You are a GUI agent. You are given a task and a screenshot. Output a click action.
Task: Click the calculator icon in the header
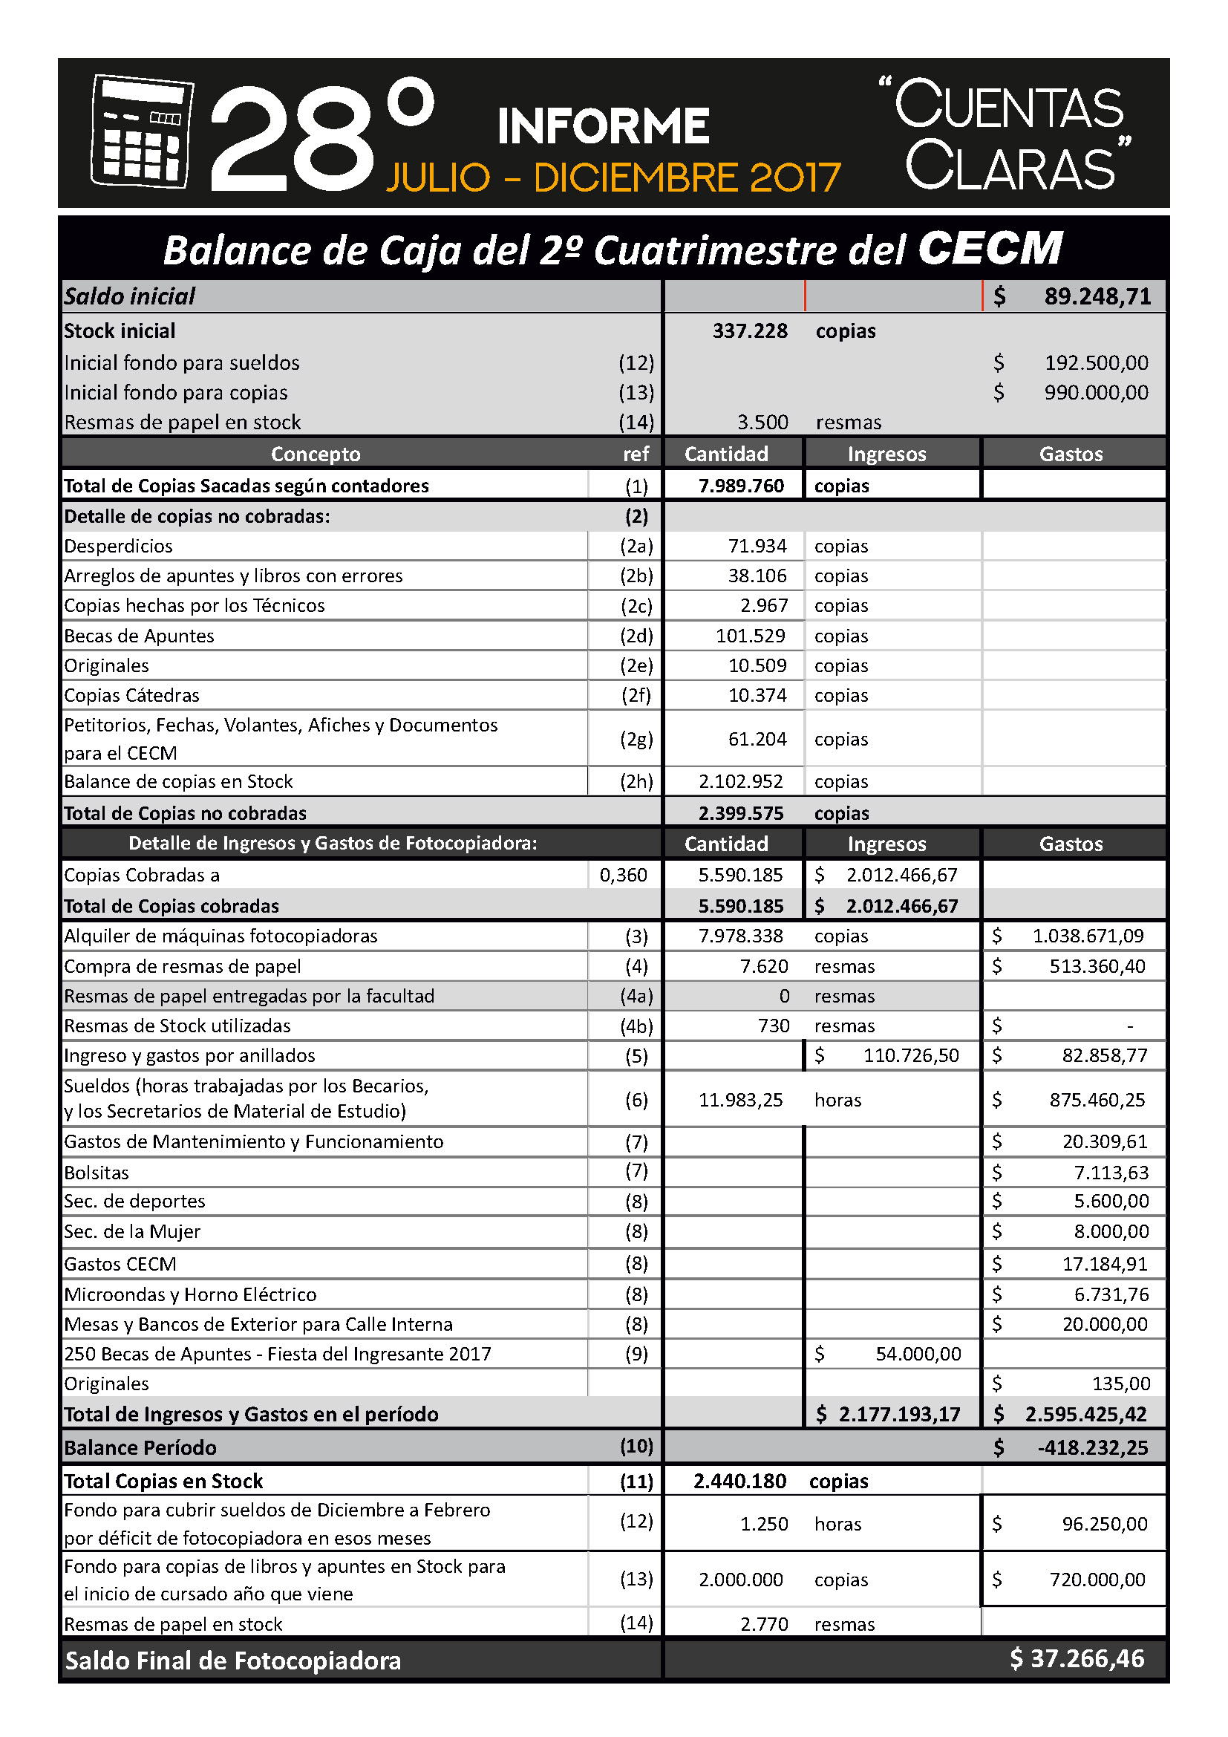coord(140,131)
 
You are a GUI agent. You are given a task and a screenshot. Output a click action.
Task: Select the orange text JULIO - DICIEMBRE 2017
coord(613,177)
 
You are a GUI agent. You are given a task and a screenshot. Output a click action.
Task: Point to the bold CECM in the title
coord(990,248)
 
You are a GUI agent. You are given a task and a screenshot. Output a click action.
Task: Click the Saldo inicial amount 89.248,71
coord(1097,296)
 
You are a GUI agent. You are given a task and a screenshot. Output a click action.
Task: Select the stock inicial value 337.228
coord(749,330)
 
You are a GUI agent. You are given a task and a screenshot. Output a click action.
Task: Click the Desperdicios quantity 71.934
coord(757,547)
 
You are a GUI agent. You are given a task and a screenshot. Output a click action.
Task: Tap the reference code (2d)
coord(636,636)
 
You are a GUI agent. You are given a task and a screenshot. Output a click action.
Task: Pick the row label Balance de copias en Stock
coord(178,781)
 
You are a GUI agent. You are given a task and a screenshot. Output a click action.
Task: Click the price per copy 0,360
coord(623,876)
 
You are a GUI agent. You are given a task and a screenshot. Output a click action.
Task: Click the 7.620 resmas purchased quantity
coord(764,966)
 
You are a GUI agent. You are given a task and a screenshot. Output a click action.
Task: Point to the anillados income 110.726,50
coord(910,1055)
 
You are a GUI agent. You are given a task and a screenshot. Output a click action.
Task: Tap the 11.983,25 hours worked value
coord(740,1100)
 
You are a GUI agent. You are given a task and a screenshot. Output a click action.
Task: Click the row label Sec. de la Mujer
coord(132,1231)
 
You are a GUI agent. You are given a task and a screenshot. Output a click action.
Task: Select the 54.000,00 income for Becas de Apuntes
coord(918,1354)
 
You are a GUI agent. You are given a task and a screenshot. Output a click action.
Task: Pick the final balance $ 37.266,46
coord(1077,1658)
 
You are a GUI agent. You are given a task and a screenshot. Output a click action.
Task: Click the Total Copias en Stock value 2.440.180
coord(739,1481)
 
